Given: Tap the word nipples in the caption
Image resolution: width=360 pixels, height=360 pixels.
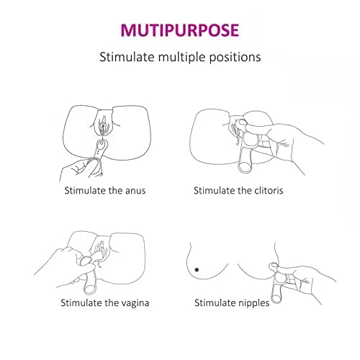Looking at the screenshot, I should tap(255, 303).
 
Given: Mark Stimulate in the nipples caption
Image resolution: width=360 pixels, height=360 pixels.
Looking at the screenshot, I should tap(216, 303).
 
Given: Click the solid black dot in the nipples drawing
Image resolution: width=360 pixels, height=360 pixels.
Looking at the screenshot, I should tap(197, 270).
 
